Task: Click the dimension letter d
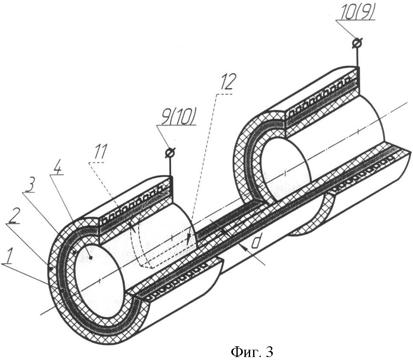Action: coord(255,242)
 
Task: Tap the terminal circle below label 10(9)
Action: coord(357,43)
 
